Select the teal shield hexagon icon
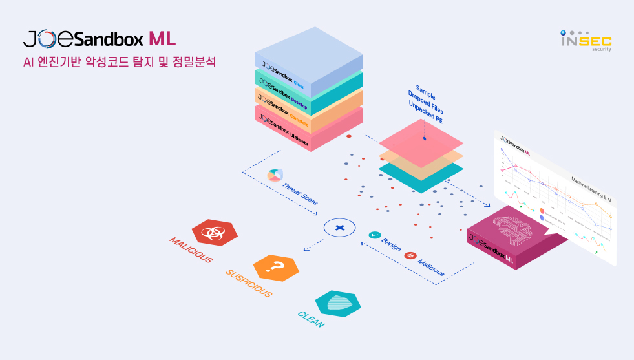click(x=337, y=303)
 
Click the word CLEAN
click(x=311, y=319)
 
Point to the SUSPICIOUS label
click(x=249, y=283)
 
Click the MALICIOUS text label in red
click(x=191, y=250)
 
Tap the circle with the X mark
click(x=340, y=227)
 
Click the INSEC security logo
click(x=586, y=41)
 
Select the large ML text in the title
click(x=162, y=39)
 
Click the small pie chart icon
click(x=275, y=175)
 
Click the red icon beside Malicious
click(x=409, y=256)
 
